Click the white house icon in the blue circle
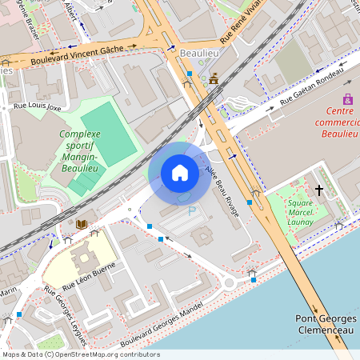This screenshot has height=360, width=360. (x=180, y=173)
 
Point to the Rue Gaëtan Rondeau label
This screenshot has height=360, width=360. (x=311, y=90)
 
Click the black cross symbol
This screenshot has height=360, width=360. (x=319, y=190)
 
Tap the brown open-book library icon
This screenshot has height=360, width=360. (x=81, y=224)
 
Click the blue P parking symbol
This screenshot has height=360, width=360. (x=191, y=211)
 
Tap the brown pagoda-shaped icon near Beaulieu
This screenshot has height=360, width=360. (x=214, y=79)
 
